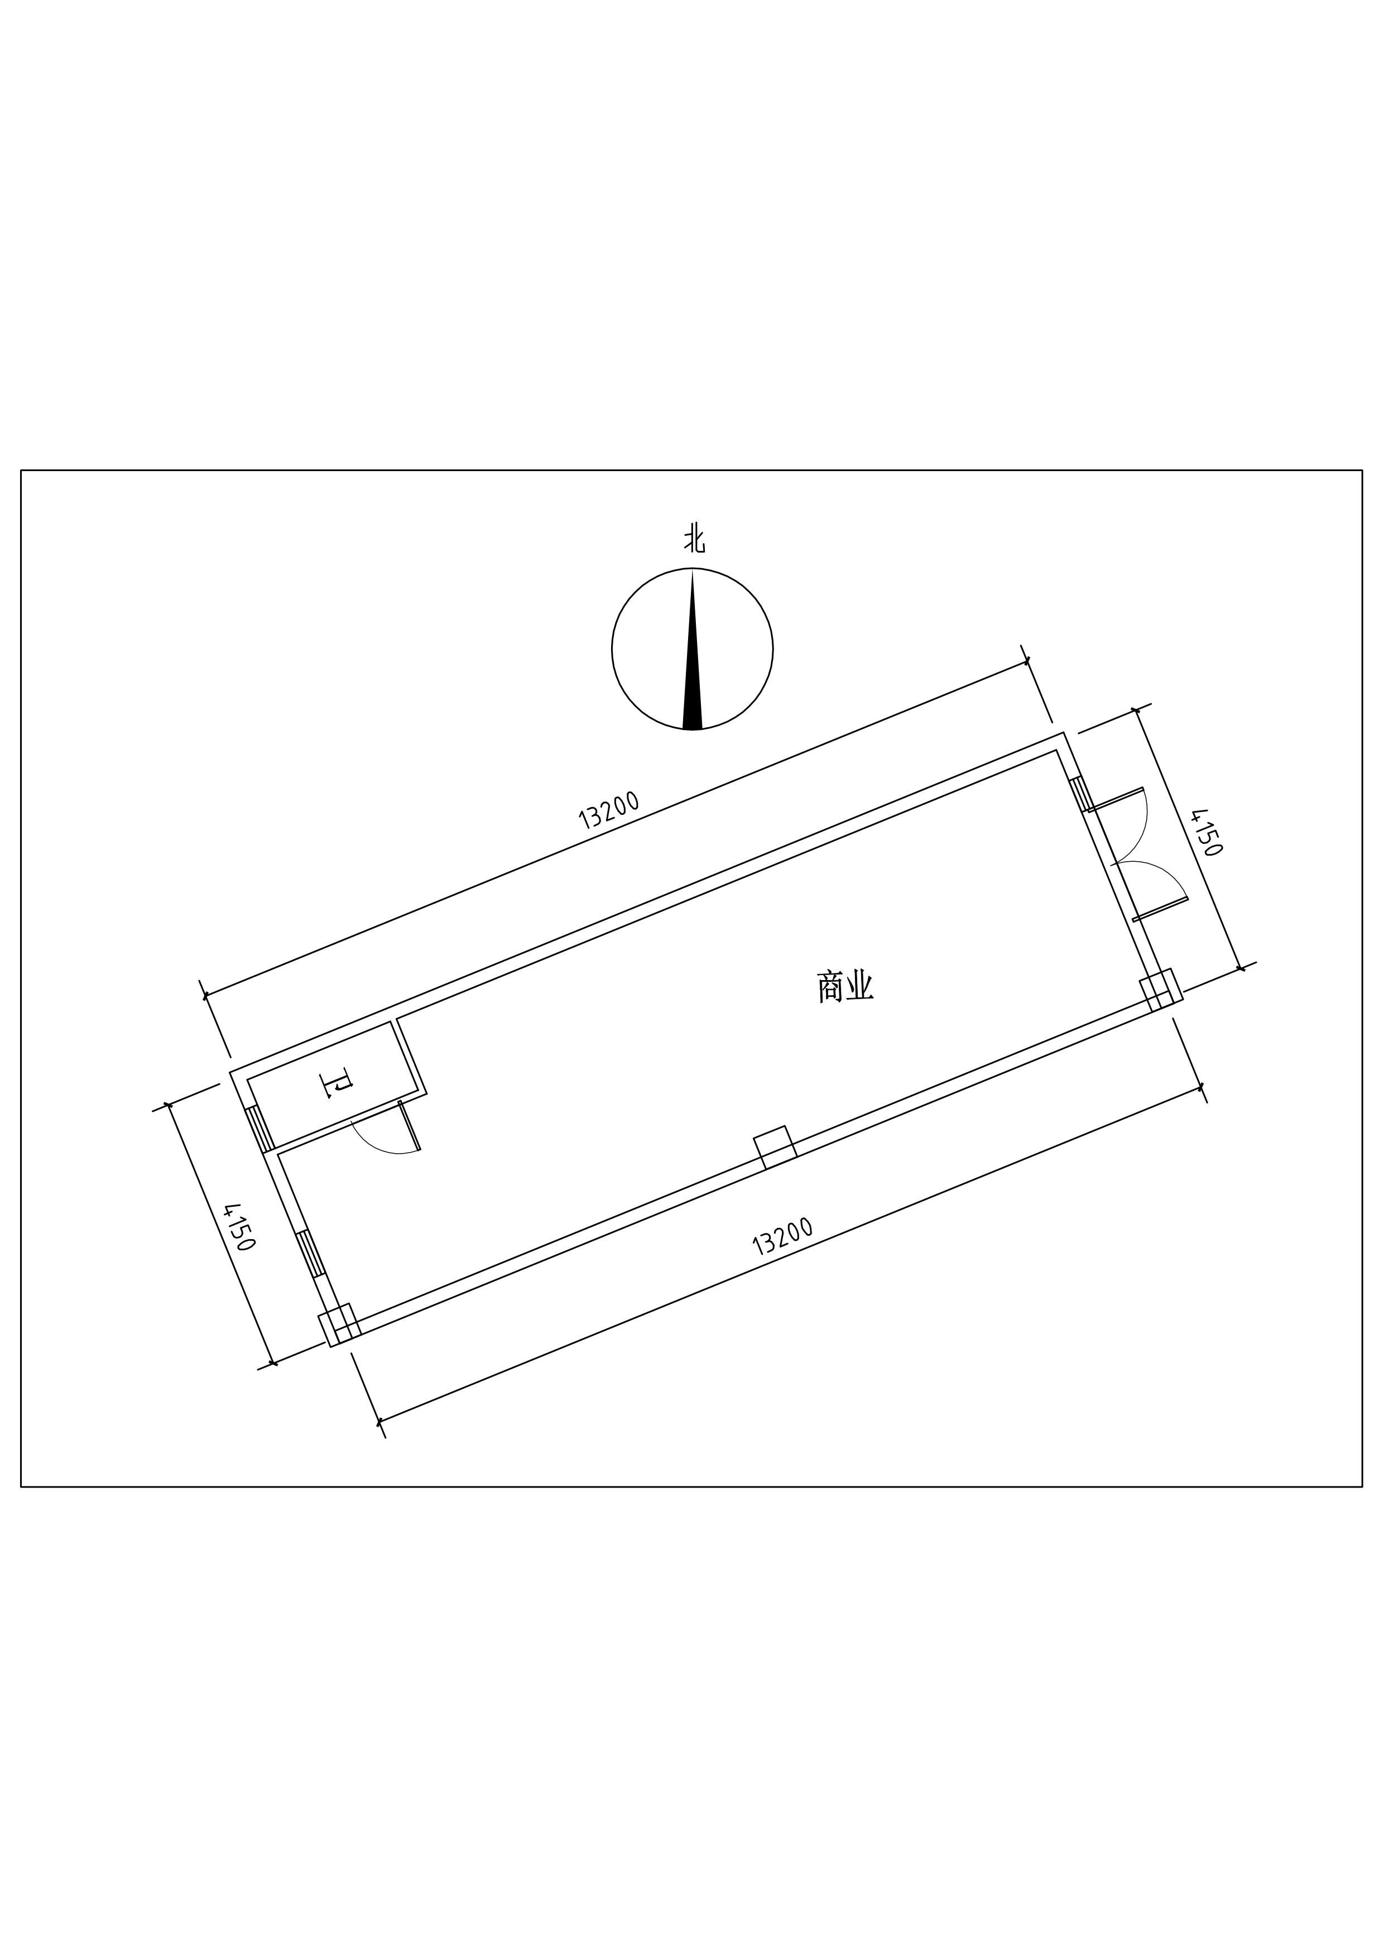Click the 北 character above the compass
click(694, 541)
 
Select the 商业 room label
click(846, 988)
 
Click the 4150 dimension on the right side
click(1207, 832)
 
